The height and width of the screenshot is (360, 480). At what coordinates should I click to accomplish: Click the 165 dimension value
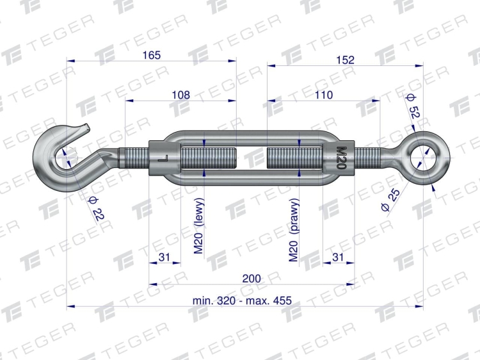[152, 55]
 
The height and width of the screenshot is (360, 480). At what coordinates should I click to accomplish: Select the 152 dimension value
[346, 60]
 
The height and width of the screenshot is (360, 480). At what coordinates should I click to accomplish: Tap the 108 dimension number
[180, 95]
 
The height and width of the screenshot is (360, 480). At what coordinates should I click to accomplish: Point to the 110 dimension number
[324, 95]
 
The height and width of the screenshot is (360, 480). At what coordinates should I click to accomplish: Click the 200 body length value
[252, 279]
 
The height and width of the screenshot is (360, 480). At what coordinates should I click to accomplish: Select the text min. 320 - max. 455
[242, 300]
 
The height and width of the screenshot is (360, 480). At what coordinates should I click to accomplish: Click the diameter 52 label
[412, 106]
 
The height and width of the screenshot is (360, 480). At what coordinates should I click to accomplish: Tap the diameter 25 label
[390, 200]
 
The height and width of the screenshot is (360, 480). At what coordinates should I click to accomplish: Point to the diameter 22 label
[96, 209]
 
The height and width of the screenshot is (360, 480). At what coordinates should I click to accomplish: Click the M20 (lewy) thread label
[198, 226]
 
